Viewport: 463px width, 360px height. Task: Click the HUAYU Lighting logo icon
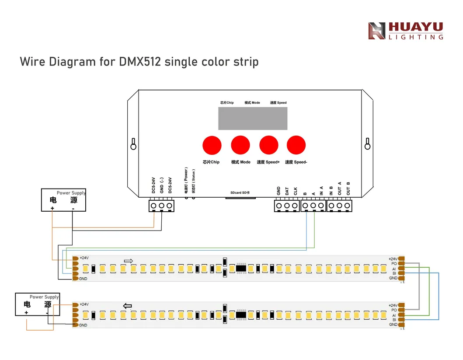click(376, 31)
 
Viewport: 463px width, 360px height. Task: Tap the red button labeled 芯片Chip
click(211, 144)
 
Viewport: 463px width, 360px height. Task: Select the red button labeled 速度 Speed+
click(268, 144)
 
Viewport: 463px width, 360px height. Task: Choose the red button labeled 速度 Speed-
click(296, 144)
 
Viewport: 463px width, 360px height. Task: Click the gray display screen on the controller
click(253, 118)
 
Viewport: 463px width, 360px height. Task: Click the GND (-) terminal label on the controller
click(161, 185)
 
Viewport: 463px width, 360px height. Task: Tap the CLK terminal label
click(295, 191)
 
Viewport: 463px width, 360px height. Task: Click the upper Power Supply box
click(64, 200)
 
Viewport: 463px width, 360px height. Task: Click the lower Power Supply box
click(37, 304)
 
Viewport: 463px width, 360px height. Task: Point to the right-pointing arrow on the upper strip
click(128, 261)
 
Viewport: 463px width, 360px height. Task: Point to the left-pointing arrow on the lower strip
click(127, 306)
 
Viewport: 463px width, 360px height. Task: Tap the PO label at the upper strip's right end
click(394, 264)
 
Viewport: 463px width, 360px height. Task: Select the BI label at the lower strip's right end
click(394, 320)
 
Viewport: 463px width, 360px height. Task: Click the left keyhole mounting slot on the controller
click(134, 143)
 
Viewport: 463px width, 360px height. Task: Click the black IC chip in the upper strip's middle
click(241, 268)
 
